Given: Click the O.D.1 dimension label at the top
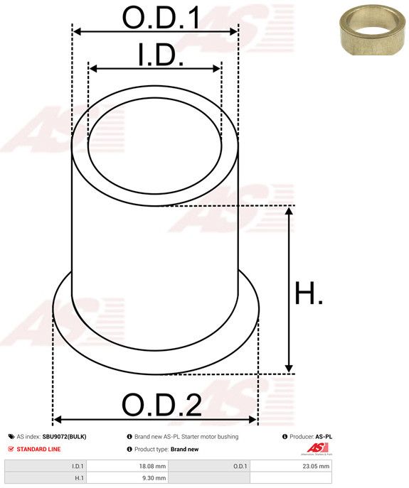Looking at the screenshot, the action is [161, 17].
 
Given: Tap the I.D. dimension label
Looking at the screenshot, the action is [161, 55].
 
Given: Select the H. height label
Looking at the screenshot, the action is [309, 293].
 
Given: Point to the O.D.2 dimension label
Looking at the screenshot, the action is [161, 405].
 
